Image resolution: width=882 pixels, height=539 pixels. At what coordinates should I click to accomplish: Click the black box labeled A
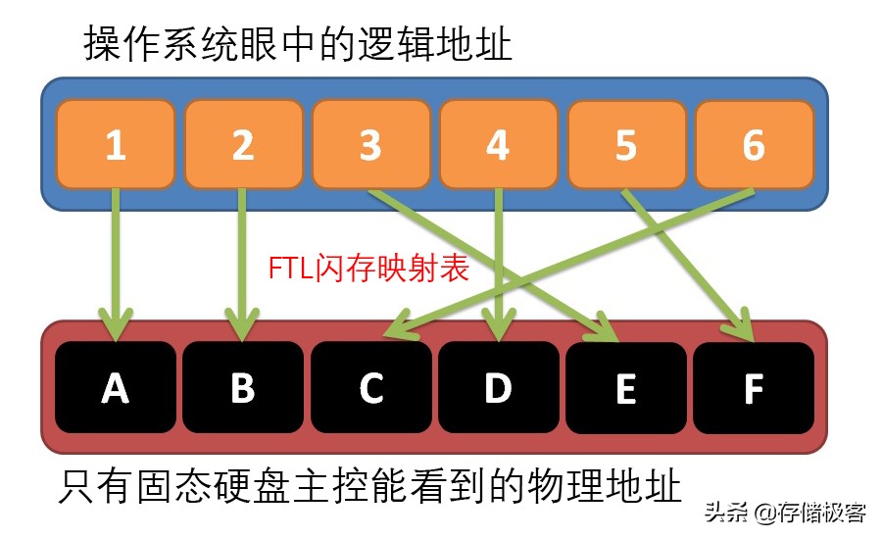pos(116,388)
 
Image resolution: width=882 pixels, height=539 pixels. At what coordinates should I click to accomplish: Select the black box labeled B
pos(243,388)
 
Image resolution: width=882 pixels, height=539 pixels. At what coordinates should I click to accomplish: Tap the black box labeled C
pos(370,388)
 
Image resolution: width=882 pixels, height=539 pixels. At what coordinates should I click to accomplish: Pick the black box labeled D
pos(498,388)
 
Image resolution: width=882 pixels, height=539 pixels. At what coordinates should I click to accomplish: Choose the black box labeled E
pos(625,388)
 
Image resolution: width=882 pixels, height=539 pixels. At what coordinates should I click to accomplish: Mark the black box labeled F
pos(754,388)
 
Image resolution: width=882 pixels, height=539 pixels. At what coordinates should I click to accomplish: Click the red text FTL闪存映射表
pos(368,269)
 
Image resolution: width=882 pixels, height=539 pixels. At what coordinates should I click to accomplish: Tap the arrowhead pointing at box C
pos(396,330)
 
